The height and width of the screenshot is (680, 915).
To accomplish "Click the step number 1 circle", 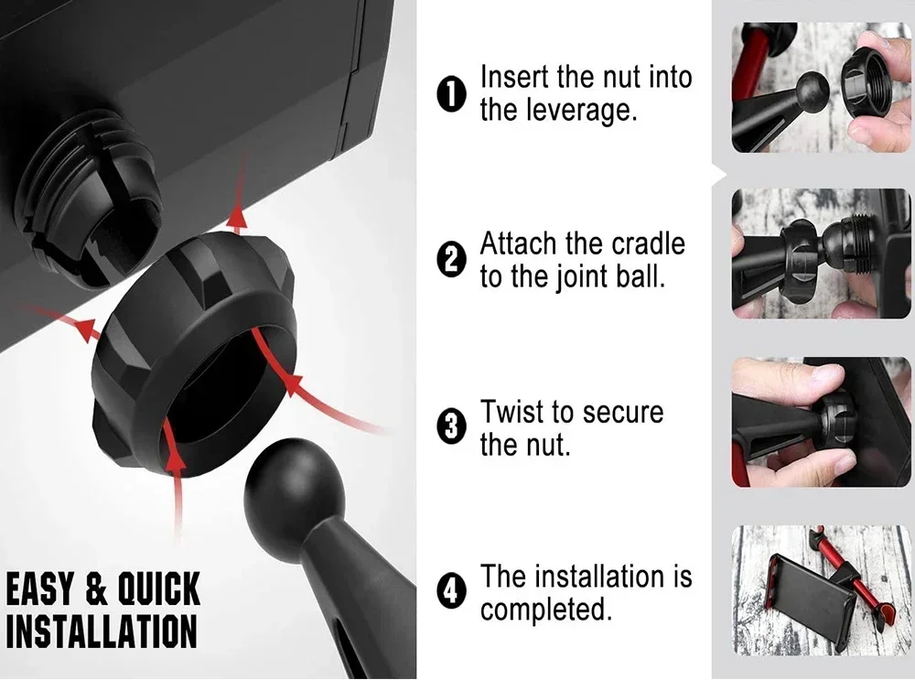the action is pos(451,93).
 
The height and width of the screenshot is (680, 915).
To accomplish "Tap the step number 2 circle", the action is pos(451,260).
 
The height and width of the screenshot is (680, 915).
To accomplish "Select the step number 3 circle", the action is pos(451,427).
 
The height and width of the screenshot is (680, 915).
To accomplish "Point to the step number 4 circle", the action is pos(451,592).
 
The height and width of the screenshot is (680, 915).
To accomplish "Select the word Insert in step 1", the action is pos(514,77).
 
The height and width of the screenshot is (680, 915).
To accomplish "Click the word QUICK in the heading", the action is pos(158,589).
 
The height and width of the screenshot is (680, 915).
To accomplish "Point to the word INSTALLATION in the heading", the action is pos(102,631).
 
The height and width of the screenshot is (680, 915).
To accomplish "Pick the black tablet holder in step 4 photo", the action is pos(817,596).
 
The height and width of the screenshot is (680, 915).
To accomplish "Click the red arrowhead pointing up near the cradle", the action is pos(237,219).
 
